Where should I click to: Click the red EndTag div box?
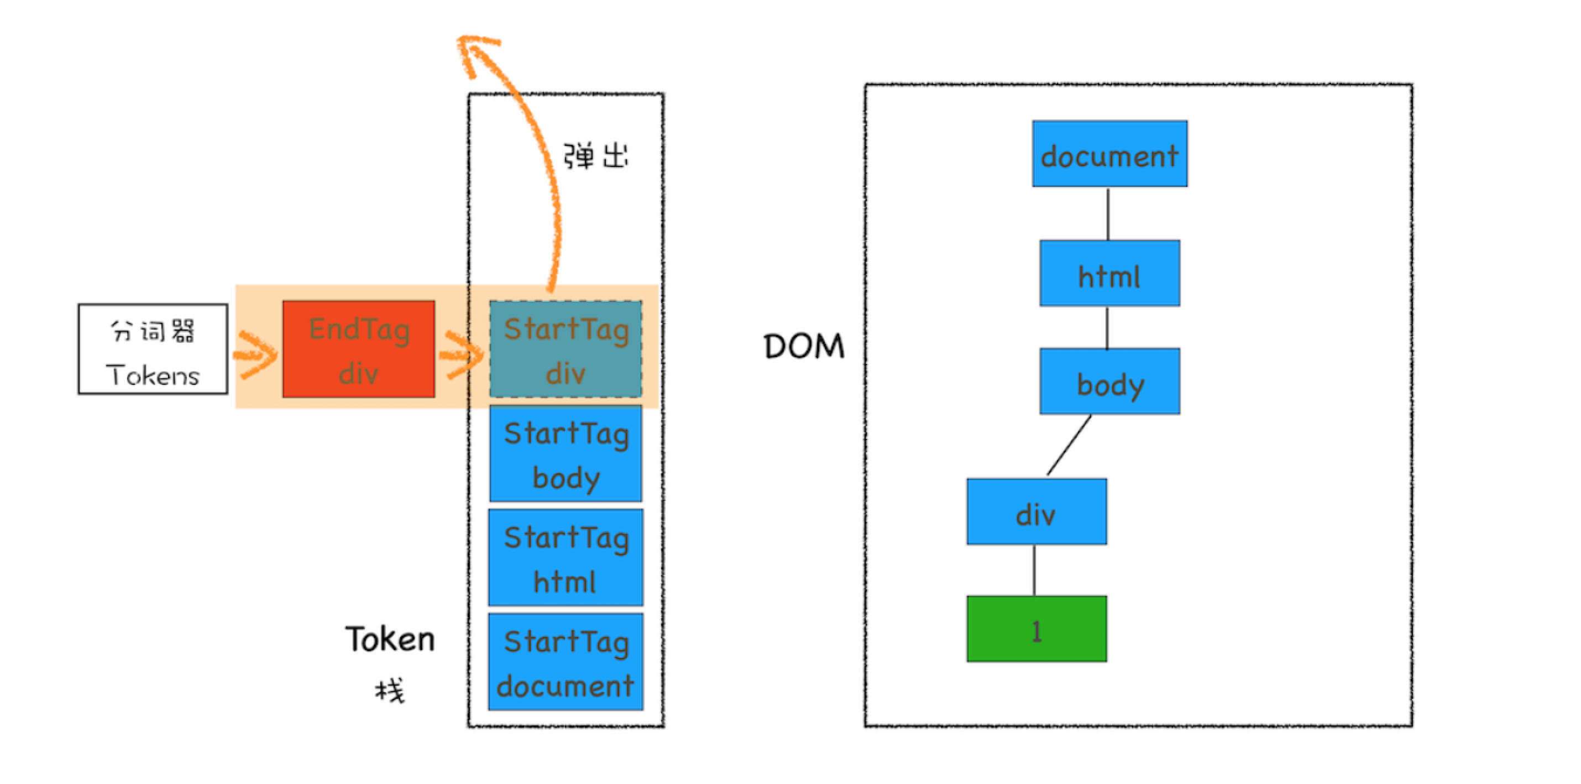[x=358, y=349]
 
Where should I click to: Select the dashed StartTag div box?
[x=566, y=349]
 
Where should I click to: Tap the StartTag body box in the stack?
[x=566, y=454]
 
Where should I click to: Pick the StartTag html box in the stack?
[x=566, y=557]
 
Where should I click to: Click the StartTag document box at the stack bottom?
[x=566, y=662]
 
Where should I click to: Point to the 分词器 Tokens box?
[x=153, y=349]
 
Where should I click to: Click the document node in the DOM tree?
[x=1109, y=154]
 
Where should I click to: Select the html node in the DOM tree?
[x=1109, y=274]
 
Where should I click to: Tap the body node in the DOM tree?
[x=1109, y=382]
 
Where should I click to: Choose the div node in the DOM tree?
[x=1036, y=512]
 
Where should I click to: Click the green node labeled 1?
[x=1036, y=629]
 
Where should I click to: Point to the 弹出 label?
[x=595, y=155]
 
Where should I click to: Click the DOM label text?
[x=804, y=346]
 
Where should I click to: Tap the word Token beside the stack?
[x=390, y=639]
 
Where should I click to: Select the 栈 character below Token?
[x=390, y=691]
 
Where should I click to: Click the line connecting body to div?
[x=1069, y=445]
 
